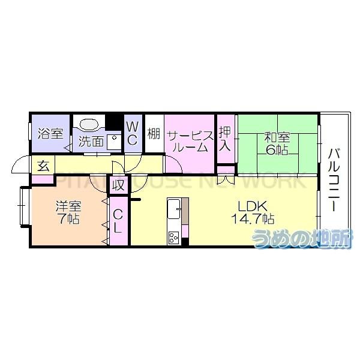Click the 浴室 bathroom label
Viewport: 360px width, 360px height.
50,133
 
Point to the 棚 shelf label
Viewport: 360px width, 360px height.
154,133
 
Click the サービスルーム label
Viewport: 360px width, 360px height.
190,140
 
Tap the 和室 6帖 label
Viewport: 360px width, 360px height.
277,143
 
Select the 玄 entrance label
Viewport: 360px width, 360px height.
43,164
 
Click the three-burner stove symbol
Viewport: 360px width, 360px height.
173,236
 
